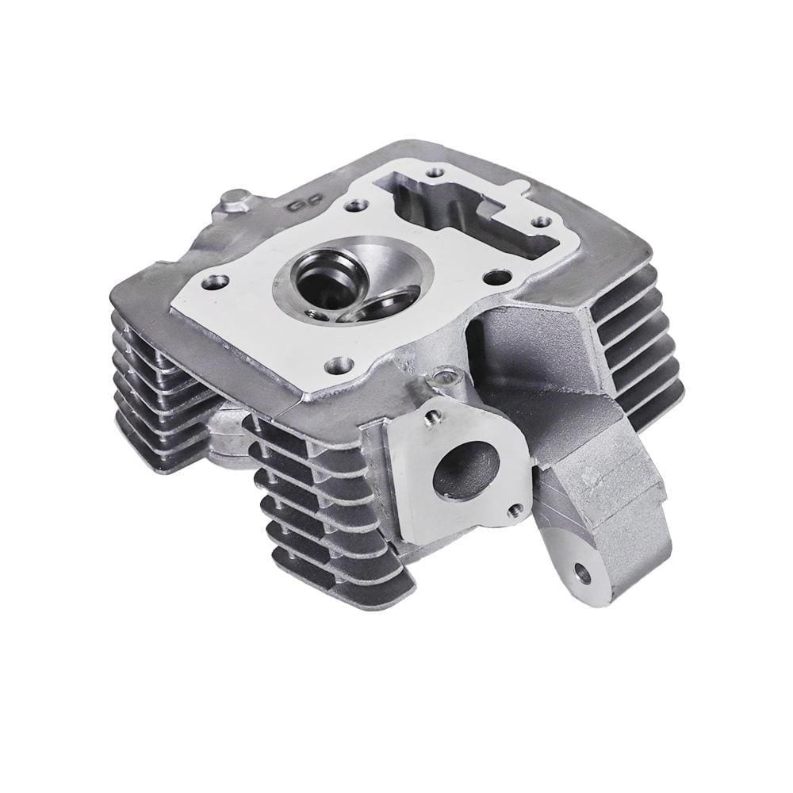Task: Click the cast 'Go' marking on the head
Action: [x=299, y=205]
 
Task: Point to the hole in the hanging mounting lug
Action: [x=584, y=571]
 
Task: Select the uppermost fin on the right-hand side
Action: [x=626, y=285]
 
